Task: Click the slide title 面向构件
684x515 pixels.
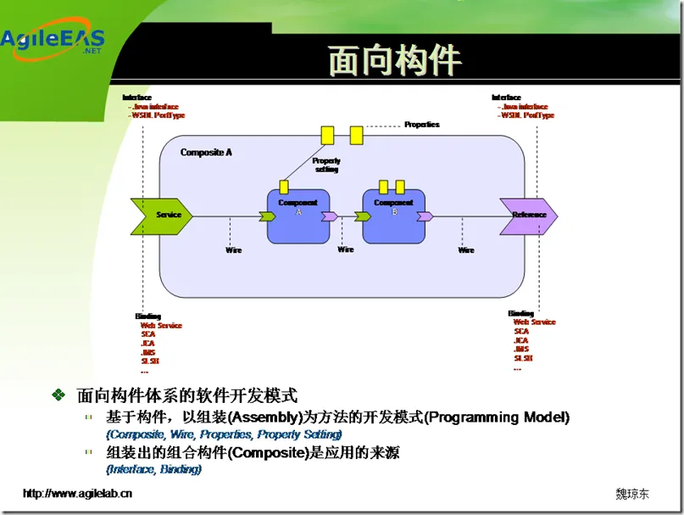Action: [395, 61]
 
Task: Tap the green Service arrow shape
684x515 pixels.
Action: [161, 215]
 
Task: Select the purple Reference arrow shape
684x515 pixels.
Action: [528, 215]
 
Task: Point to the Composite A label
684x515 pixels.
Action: [206, 153]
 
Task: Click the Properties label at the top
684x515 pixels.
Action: [422, 125]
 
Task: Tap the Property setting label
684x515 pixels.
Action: [326, 165]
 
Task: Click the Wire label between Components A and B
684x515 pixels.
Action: [346, 249]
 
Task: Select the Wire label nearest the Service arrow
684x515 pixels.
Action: [233, 250]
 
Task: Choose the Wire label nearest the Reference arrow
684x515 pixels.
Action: [466, 250]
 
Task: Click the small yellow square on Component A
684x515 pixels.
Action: [284, 187]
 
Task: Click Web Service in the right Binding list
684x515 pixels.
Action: [534, 322]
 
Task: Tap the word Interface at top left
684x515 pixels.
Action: [137, 98]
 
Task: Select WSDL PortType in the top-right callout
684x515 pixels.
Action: [527, 115]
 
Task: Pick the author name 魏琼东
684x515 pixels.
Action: [632, 494]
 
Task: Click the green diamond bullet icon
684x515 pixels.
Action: [58, 395]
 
